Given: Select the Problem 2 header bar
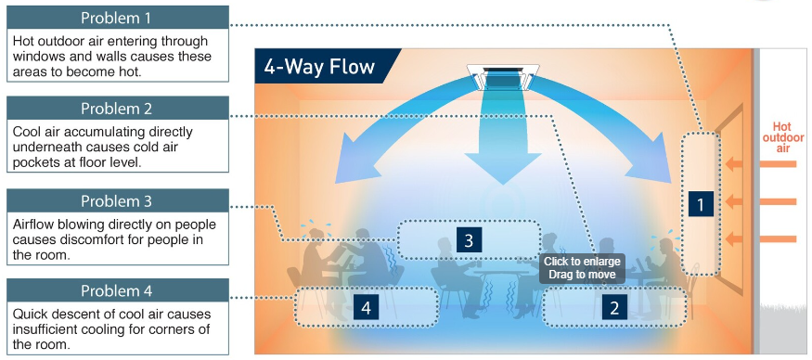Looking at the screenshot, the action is (x=118, y=108).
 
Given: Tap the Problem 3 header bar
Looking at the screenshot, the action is (x=118, y=200).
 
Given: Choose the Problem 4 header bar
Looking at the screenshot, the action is (x=118, y=290).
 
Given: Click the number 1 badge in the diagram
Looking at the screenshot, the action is (x=701, y=204).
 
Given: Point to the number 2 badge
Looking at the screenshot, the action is (x=614, y=308).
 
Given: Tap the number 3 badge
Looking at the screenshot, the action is (x=469, y=240).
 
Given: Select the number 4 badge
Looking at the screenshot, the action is (x=367, y=308).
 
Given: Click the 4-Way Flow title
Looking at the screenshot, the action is (x=319, y=67).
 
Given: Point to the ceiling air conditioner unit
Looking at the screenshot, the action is (x=502, y=78).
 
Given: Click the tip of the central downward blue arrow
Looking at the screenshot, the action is (x=502, y=185).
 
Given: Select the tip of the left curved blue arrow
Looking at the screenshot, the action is (x=337, y=183).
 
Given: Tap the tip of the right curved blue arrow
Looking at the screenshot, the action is (x=670, y=183).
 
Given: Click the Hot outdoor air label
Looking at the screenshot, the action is (x=783, y=136).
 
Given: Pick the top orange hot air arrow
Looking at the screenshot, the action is (x=761, y=164).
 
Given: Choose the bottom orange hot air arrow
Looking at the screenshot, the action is (x=761, y=238).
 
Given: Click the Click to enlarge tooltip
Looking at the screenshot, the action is (x=582, y=268).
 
